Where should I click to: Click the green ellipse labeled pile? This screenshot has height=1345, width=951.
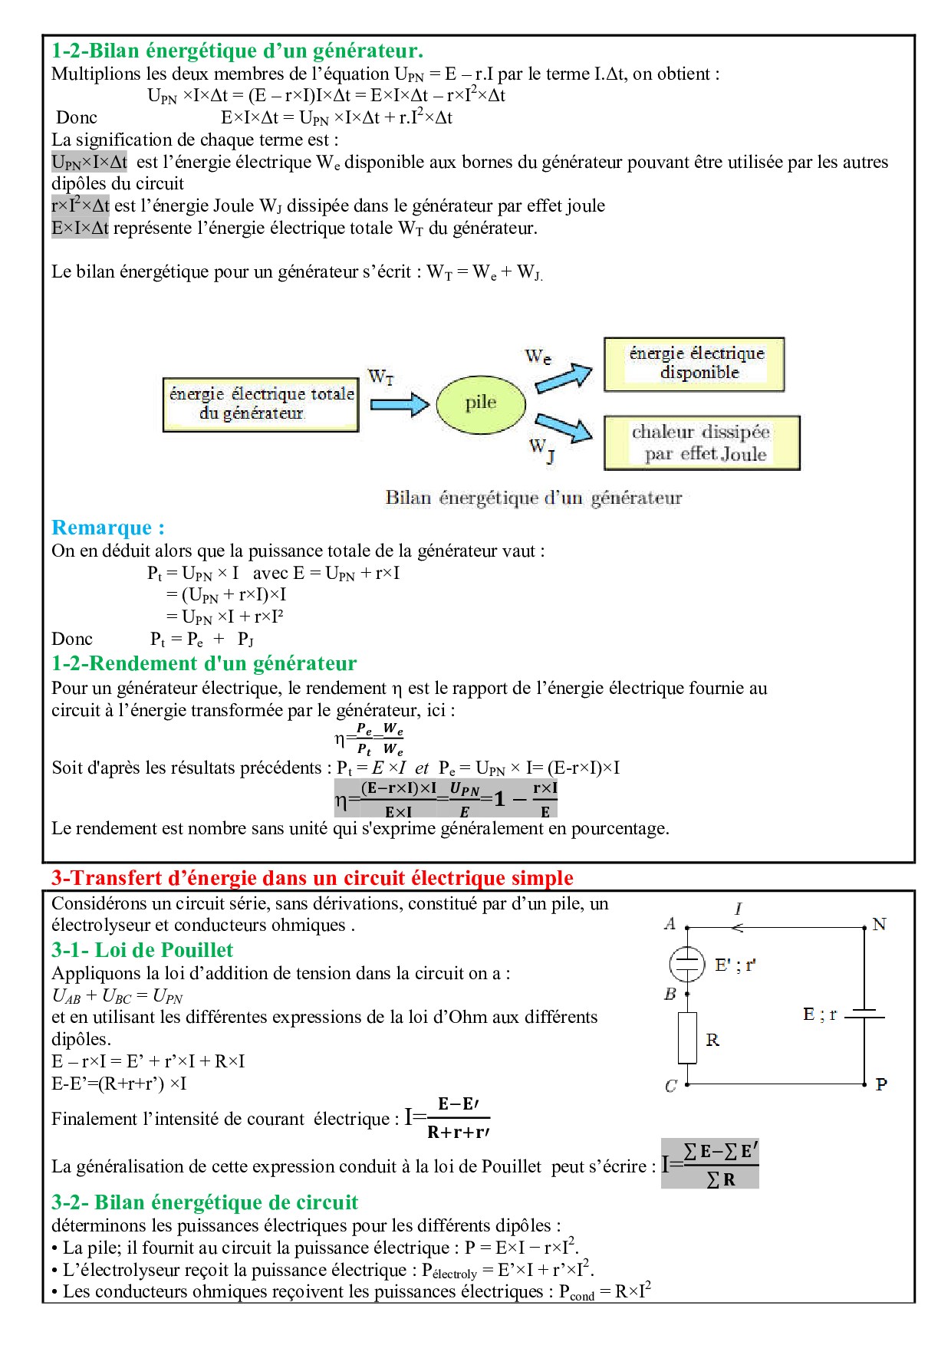pyautogui.click(x=481, y=403)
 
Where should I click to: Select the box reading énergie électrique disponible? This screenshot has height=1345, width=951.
pyautogui.click(x=694, y=364)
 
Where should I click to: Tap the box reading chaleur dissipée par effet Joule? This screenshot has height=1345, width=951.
pyautogui.click(x=702, y=443)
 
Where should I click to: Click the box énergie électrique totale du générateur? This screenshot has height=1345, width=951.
pyautogui.click(x=261, y=404)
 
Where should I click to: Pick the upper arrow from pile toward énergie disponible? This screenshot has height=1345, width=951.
pyautogui.click(x=564, y=377)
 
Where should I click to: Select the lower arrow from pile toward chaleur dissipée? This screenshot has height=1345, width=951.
pyautogui.click(x=564, y=427)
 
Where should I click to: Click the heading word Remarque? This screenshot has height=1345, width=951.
pyautogui.click(x=107, y=528)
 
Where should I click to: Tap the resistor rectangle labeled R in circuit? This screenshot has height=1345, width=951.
pyautogui.click(x=687, y=1038)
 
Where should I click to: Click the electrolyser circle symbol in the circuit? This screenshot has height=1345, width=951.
pyautogui.click(x=687, y=964)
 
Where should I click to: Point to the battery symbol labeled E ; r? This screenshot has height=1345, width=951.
pyautogui.click(x=864, y=1015)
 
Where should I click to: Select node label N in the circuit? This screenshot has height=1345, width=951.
pyautogui.click(x=880, y=924)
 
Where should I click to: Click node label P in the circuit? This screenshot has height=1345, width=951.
pyautogui.click(x=881, y=1084)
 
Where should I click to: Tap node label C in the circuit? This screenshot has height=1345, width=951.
pyautogui.click(x=671, y=1086)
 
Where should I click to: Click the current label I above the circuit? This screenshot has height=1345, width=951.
pyautogui.click(x=738, y=909)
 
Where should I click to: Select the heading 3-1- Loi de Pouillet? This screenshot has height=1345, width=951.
pyautogui.click(x=142, y=950)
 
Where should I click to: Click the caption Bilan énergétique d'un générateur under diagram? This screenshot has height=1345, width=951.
pyautogui.click(x=533, y=498)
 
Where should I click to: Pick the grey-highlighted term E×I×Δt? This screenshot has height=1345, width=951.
pyautogui.click(x=80, y=228)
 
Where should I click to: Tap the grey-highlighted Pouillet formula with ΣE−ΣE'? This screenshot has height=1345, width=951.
pyautogui.click(x=710, y=1164)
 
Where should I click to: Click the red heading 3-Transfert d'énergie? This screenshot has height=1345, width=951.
pyautogui.click(x=312, y=878)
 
